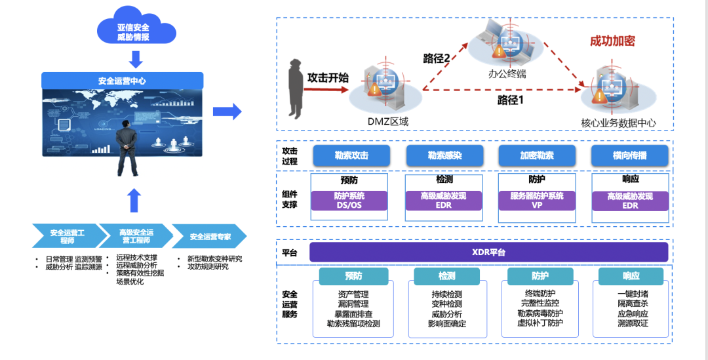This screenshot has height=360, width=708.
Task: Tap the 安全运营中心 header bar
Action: point(122,81)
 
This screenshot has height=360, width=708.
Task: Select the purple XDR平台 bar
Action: point(488,252)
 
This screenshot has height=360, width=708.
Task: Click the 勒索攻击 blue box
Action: point(351,156)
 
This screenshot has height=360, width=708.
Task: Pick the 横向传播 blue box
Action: point(629,156)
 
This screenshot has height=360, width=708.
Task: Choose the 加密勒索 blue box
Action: point(536,156)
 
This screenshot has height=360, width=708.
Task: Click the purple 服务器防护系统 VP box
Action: point(536,201)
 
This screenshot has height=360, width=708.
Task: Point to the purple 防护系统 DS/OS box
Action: point(349,201)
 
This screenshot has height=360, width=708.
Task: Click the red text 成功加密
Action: point(612,41)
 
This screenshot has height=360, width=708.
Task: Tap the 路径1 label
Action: point(511,100)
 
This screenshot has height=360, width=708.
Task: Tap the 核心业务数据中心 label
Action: point(618,123)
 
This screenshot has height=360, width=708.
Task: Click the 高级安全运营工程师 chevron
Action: point(136,237)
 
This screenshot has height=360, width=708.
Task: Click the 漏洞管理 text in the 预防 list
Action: point(353,304)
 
